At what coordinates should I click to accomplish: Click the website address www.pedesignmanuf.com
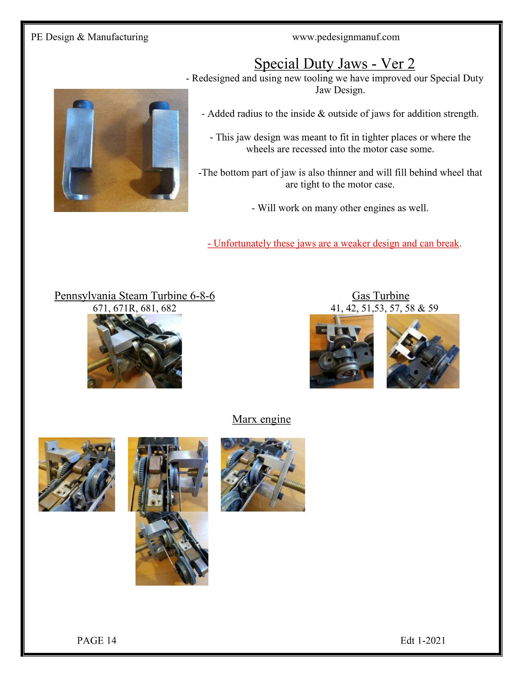coord(346,37)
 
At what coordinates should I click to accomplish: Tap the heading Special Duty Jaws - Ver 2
coord(334,63)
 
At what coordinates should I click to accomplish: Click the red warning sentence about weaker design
coord(334,243)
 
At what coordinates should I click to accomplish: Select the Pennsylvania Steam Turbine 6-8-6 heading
coord(135,296)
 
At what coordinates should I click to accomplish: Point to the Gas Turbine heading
coord(381,296)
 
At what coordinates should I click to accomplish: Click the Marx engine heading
coord(261,419)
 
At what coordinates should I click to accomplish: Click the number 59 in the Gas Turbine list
coord(433,308)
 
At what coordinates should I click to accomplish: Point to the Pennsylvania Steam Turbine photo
coord(135,351)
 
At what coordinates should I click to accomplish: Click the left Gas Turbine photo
coord(341,351)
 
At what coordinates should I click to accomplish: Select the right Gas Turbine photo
coord(423,351)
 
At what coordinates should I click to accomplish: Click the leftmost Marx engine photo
coord(77,474)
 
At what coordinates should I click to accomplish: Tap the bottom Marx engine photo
coord(172,549)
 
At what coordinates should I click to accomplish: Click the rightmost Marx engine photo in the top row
coord(263,474)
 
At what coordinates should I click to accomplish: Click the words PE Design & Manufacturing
coord(89,37)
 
